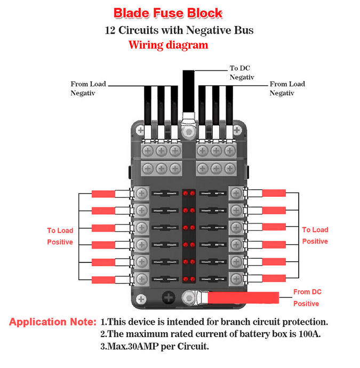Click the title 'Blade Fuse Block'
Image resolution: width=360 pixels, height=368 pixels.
(168, 13)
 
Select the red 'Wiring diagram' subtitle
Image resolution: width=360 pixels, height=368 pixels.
(168, 45)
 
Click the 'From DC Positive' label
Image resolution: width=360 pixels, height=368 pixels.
(307, 298)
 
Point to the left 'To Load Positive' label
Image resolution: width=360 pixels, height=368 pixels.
(60, 236)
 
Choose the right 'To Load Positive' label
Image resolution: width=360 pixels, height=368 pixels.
(315, 235)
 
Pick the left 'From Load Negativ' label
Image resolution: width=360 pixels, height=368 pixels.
(88, 89)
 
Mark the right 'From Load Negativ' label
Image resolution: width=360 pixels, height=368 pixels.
(287, 89)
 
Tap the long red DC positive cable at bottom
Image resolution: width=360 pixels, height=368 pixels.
(245, 298)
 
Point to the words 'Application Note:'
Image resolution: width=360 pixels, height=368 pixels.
(53, 322)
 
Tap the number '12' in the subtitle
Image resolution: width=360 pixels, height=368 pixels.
(111, 30)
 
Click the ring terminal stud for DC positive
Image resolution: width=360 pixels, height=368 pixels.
(189, 297)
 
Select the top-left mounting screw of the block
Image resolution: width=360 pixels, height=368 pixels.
(140, 130)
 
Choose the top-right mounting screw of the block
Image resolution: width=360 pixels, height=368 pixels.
(237, 130)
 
